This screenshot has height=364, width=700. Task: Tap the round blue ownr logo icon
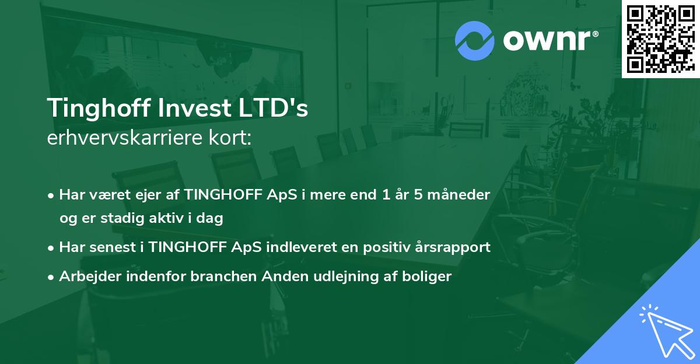[474, 41]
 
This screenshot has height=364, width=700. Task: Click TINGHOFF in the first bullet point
[217, 194]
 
